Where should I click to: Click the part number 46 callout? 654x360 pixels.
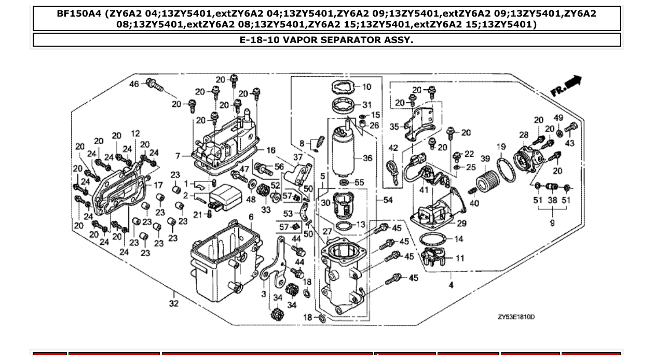(134, 84)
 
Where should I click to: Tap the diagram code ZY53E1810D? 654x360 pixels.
(516, 316)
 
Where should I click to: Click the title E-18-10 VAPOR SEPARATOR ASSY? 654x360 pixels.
(326, 40)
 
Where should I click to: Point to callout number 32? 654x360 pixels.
(173, 303)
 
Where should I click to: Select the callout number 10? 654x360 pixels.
(366, 87)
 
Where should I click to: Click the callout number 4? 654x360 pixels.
(451, 285)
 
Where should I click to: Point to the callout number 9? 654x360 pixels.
(552, 223)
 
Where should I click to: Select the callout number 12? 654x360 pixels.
(135, 134)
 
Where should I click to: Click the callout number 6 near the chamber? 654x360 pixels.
(251, 216)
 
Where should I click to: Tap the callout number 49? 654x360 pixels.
(558, 118)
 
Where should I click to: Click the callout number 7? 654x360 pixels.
(178, 156)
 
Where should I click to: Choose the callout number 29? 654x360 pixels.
(461, 224)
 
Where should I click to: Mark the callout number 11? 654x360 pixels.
(460, 258)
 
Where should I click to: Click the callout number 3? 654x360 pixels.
(263, 294)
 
